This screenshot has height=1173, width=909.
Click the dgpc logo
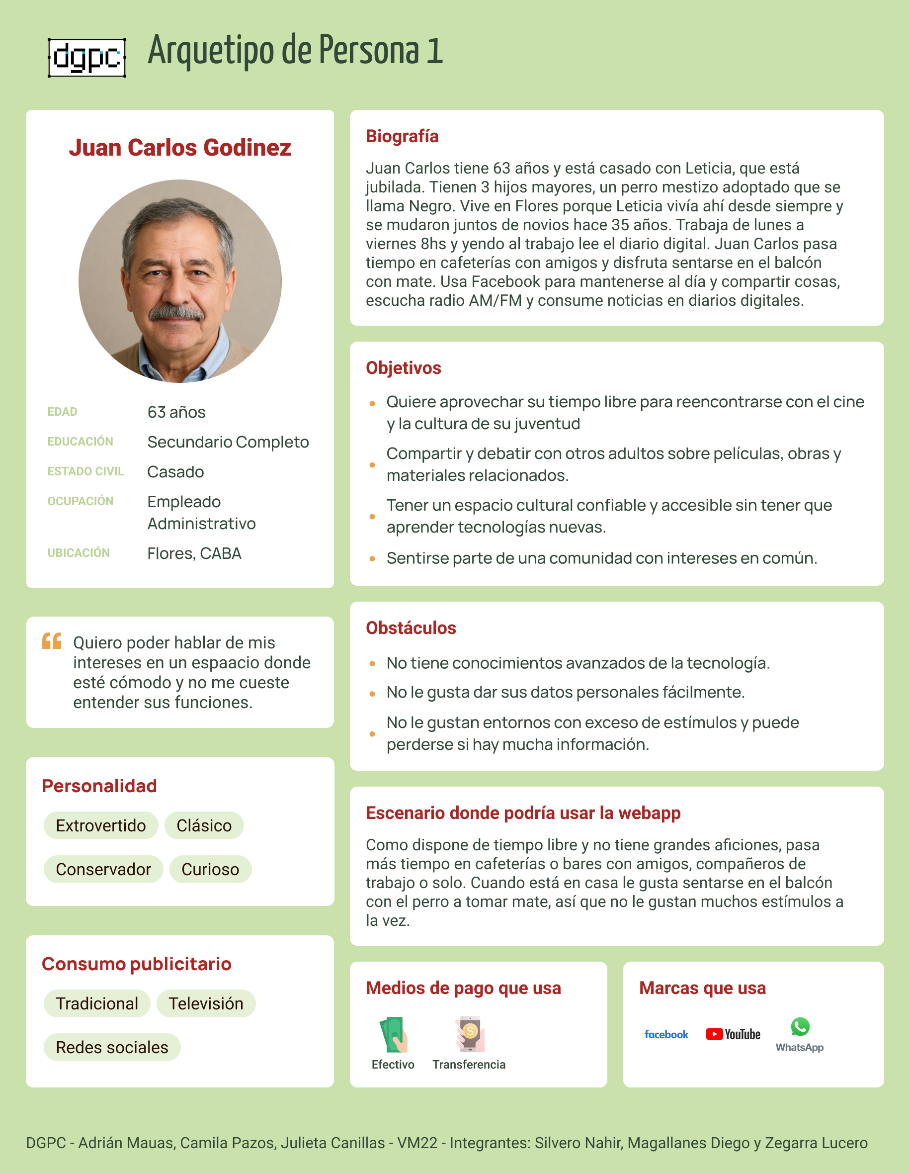[x=87, y=58]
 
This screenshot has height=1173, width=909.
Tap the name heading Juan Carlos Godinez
[x=180, y=148]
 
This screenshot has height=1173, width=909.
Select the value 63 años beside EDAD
[x=176, y=412]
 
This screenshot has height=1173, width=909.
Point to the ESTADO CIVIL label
[x=85, y=471]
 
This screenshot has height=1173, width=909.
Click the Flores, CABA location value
[x=194, y=553]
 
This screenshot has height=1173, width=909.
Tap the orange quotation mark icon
[x=52, y=641]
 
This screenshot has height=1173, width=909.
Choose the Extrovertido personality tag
[x=101, y=825]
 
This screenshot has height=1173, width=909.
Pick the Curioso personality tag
[x=210, y=869]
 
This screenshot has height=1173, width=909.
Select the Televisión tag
[x=206, y=1003]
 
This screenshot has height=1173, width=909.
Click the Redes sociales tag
[x=112, y=1047]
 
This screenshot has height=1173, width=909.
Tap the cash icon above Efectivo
[x=394, y=1034]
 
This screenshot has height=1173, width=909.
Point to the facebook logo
[x=666, y=1034]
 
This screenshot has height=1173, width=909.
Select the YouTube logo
[x=733, y=1034]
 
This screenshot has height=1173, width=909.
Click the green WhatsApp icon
[x=800, y=1027]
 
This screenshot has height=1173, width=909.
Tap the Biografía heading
[x=402, y=136]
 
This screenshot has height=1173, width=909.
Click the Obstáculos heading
[x=411, y=628]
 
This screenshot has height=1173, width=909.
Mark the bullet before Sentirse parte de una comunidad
[x=372, y=558]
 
